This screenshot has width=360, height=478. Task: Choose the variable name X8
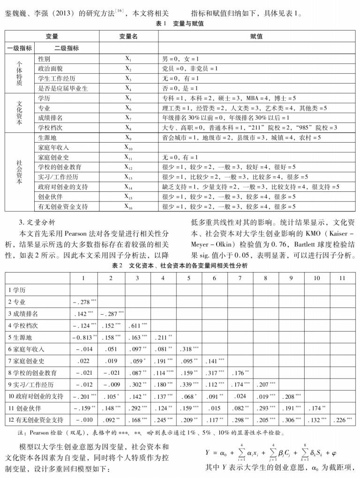pos(128,128)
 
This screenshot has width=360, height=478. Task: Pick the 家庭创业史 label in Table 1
pos(54,157)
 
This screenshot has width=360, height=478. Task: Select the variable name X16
pos(128,206)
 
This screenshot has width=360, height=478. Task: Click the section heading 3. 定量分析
pos(37,222)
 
